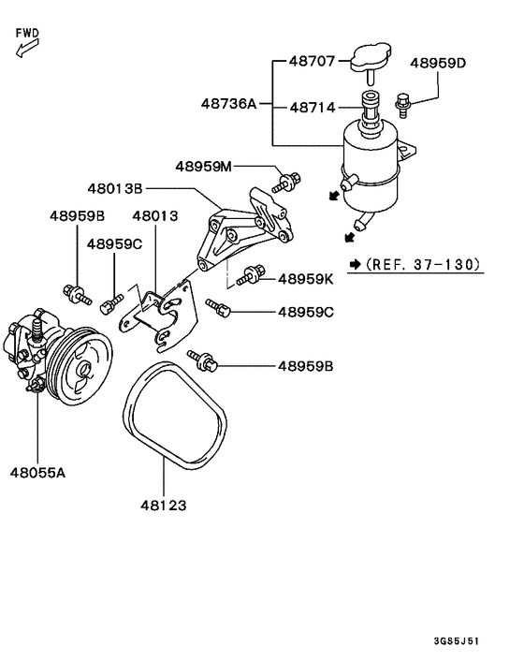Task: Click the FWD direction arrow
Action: click(27, 47)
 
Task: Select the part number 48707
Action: click(312, 61)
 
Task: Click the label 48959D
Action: click(438, 63)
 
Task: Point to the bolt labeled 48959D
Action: click(402, 106)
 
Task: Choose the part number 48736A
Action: click(228, 103)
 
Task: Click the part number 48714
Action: click(313, 108)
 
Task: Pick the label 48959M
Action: click(203, 167)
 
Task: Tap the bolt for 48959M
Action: click(286, 183)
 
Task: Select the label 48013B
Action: click(115, 188)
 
